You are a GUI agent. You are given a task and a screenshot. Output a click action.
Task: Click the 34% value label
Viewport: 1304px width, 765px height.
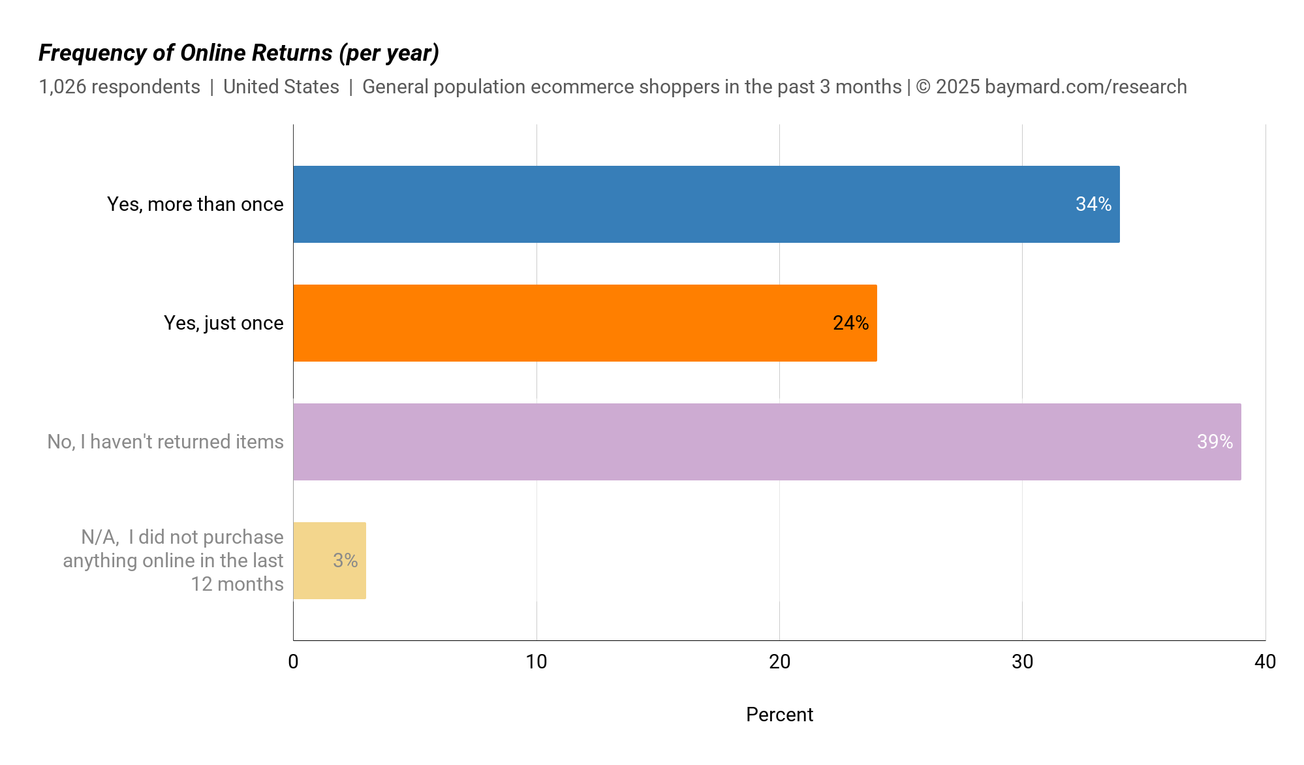[1093, 204]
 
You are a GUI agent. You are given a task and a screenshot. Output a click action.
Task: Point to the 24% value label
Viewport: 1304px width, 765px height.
[850, 323]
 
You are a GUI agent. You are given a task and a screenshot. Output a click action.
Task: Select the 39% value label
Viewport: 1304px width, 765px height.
[1215, 442]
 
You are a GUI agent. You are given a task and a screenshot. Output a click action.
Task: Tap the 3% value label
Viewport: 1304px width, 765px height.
[345, 561]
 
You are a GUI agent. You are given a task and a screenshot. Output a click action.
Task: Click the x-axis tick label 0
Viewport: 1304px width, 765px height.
[293, 662]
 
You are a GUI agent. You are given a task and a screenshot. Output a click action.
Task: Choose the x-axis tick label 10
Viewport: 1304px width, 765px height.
[536, 662]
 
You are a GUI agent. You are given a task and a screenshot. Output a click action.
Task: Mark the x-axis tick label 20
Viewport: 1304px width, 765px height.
[779, 662]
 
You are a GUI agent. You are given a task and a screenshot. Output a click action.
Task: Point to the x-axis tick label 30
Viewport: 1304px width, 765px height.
[1022, 662]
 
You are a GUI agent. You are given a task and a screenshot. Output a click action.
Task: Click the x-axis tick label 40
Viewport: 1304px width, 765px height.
[1265, 662]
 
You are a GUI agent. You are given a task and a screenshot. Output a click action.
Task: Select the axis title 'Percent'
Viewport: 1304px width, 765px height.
[779, 715]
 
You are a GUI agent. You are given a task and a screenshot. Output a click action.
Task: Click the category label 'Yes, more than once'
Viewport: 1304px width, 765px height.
[195, 204]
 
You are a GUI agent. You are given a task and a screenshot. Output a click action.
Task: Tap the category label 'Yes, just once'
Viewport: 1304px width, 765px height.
[223, 323]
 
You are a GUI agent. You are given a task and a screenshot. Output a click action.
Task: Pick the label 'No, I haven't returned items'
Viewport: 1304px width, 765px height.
[165, 442]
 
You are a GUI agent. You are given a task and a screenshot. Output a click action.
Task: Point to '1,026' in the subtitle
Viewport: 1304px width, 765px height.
[63, 87]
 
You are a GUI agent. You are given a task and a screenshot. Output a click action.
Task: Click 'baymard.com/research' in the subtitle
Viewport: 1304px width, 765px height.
[1085, 87]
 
